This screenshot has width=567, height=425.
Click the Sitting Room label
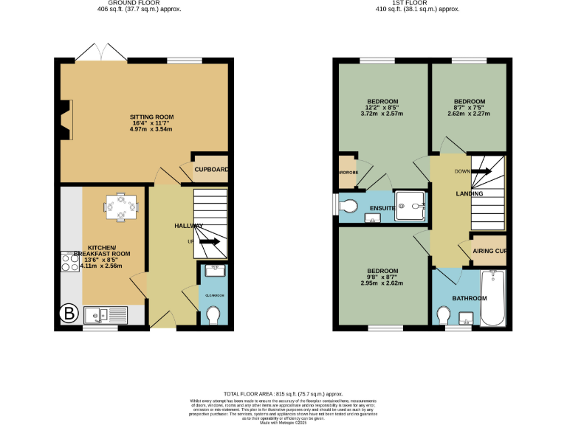tap(151, 117)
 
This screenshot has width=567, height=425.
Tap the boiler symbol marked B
tap(69, 314)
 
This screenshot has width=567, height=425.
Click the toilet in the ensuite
tap(348, 204)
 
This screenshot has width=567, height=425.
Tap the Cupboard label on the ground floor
tap(211, 169)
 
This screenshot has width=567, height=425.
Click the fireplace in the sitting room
tap(67, 120)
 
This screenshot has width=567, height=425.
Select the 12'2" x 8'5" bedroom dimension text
tap(382, 108)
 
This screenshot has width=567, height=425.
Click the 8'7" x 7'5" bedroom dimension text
tap(469, 108)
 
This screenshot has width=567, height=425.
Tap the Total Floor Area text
tap(283, 395)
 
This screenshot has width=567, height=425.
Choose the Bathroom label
tap(470, 298)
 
